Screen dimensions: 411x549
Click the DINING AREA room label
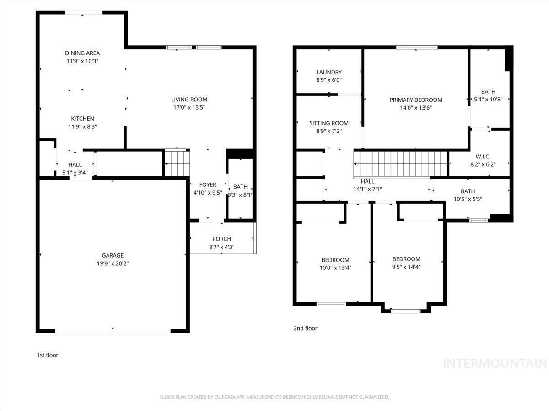pyautogui.click(x=82, y=53)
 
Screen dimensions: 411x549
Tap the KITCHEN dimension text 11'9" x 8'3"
pyautogui.click(x=82, y=126)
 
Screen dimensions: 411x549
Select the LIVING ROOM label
pyautogui.click(x=189, y=100)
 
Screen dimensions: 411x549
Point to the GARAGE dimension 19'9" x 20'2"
pyautogui.click(x=113, y=263)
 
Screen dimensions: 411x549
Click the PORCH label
pyautogui.click(x=221, y=239)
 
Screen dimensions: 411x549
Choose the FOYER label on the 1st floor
pyautogui.click(x=208, y=184)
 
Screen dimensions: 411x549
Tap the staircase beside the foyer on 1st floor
pyautogui.click(x=177, y=163)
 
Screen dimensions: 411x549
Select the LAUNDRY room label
pyautogui.click(x=329, y=72)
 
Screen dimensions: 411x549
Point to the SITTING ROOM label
pyautogui.click(x=329, y=123)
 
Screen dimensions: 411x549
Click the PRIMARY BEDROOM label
pyautogui.click(x=416, y=100)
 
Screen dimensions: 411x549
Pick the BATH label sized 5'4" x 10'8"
pyautogui.click(x=488, y=91)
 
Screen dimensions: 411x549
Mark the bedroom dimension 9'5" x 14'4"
pyautogui.click(x=406, y=267)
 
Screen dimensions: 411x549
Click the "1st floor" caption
pyautogui.click(x=48, y=355)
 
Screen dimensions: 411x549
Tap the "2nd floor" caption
pyautogui.click(x=305, y=328)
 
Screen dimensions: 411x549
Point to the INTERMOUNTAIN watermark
pyautogui.click(x=495, y=364)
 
